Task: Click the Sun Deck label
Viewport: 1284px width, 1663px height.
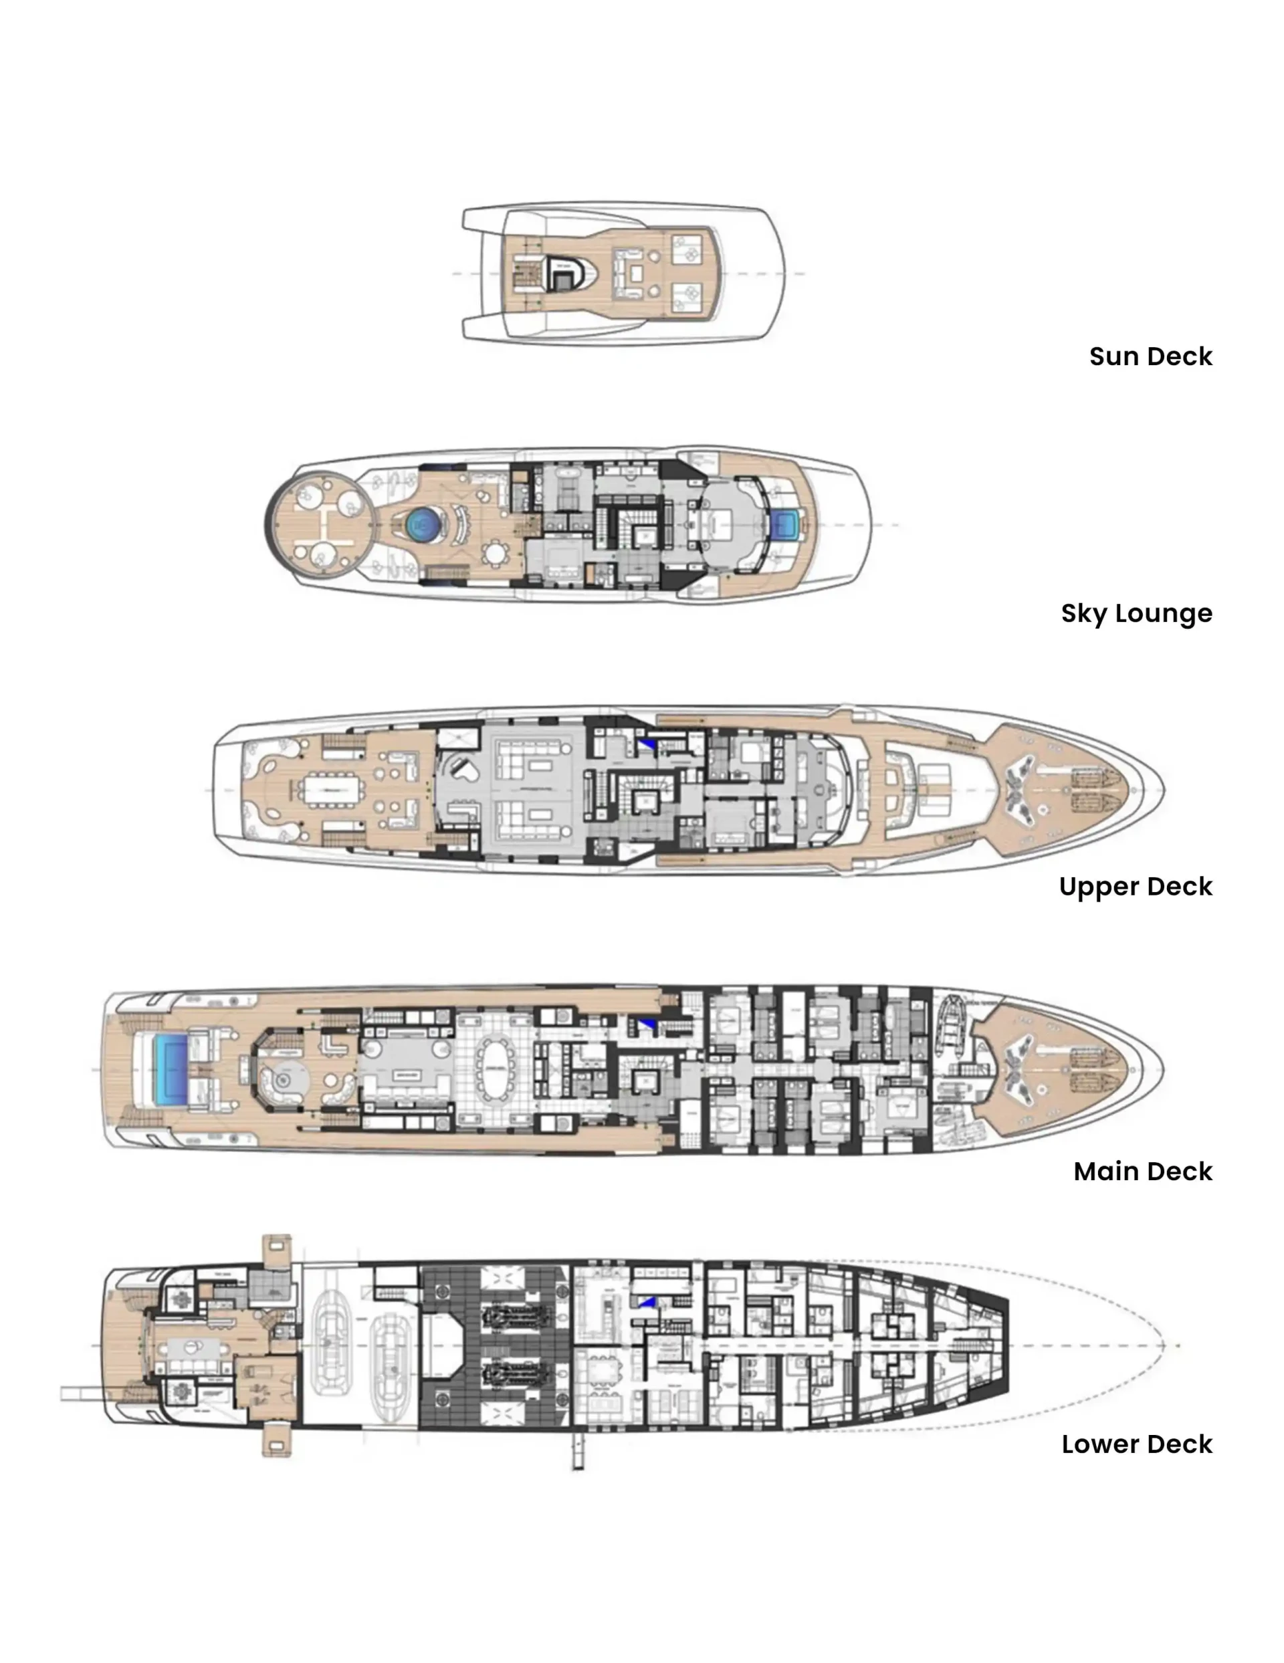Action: pyautogui.click(x=1150, y=356)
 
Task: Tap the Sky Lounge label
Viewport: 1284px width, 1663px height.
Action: pyautogui.click(x=1136, y=613)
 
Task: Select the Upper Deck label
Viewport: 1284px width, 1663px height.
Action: pyautogui.click(x=1135, y=886)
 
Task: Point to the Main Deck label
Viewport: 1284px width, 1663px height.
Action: pyautogui.click(x=1142, y=1171)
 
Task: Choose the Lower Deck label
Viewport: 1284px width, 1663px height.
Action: pyautogui.click(x=1136, y=1444)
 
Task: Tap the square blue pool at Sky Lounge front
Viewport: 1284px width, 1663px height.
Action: pyautogui.click(x=784, y=524)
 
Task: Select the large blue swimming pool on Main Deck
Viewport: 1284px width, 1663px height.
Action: pyautogui.click(x=171, y=1069)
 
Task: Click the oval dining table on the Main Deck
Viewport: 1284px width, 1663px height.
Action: pyautogui.click(x=495, y=1069)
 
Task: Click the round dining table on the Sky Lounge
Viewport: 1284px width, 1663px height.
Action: pyautogui.click(x=496, y=554)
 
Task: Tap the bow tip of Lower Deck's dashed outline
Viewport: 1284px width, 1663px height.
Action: pyautogui.click(x=1163, y=1345)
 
